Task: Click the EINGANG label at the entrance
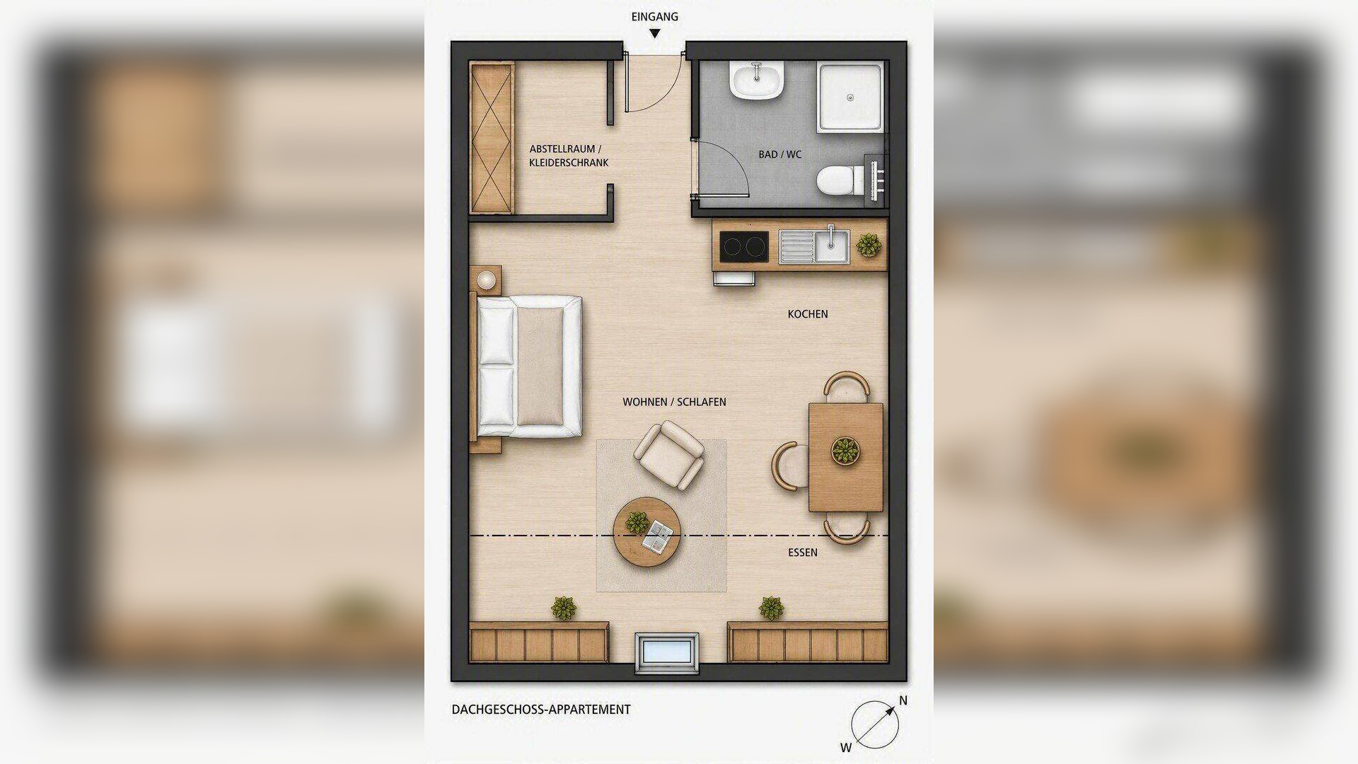[654, 16]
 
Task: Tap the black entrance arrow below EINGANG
[655, 33]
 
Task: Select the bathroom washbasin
[757, 81]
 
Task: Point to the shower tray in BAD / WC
[851, 97]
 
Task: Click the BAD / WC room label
[780, 154]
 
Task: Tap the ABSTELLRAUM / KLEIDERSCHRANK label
[569, 156]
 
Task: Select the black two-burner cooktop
[743, 247]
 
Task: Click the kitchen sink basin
[830, 245]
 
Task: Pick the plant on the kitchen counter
[869, 245]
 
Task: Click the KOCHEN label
[808, 314]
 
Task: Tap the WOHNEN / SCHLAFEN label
[674, 402]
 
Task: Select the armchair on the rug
[669, 455]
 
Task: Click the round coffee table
[646, 532]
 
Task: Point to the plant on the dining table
[845, 451]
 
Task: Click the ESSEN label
[803, 552]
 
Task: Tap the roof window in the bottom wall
[667, 653]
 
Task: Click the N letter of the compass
[903, 700]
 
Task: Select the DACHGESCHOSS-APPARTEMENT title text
[541, 710]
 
